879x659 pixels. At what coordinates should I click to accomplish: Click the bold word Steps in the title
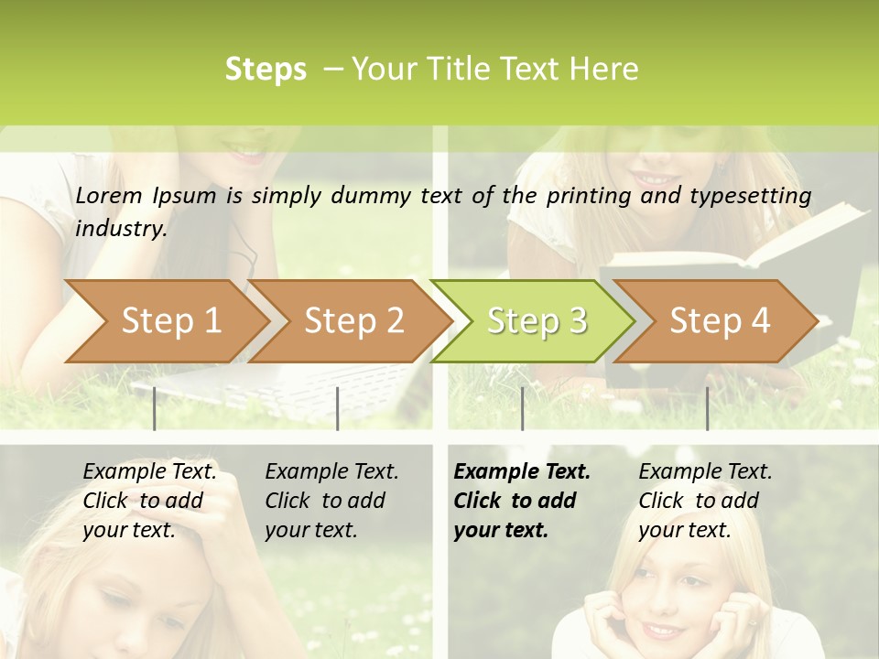point(266,70)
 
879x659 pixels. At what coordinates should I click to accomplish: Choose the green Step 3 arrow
point(537,321)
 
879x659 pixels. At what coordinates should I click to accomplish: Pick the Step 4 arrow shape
point(720,321)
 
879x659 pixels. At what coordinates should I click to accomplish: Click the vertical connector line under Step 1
point(154,408)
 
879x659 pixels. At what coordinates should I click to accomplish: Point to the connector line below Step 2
point(338,408)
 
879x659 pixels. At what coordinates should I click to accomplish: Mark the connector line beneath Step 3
point(522,408)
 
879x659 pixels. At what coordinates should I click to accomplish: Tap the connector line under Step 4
point(707,408)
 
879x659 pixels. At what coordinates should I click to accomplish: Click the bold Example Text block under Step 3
point(521,501)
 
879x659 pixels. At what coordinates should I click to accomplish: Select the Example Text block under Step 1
point(149,501)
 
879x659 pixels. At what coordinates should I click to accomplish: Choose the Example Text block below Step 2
point(331,501)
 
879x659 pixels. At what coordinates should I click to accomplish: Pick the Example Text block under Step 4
point(705,501)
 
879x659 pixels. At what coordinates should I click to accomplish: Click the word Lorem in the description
point(109,196)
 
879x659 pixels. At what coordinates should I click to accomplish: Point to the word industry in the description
point(121,229)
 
